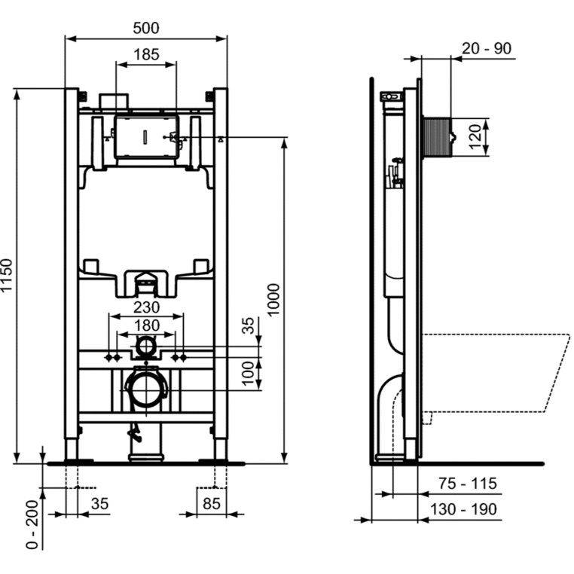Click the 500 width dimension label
tap(146, 28)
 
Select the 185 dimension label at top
tap(146, 54)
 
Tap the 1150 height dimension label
tap(7, 275)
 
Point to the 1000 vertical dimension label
tap(273, 300)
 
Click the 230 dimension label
tap(146, 307)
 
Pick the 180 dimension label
tap(146, 325)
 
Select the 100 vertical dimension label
tap(248, 374)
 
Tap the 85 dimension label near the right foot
tap(212, 504)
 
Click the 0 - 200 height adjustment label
tap(32, 524)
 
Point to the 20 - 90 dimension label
tap(487, 48)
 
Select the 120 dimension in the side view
tap(475, 137)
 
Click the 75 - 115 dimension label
tap(468, 484)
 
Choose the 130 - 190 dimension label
tap(463, 509)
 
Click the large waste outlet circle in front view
tap(146, 389)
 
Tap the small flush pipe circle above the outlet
tap(146, 346)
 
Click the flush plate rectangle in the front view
tap(146, 137)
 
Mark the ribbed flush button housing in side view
tap(436, 137)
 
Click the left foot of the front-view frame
tap(72, 449)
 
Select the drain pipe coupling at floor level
tap(146, 457)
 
